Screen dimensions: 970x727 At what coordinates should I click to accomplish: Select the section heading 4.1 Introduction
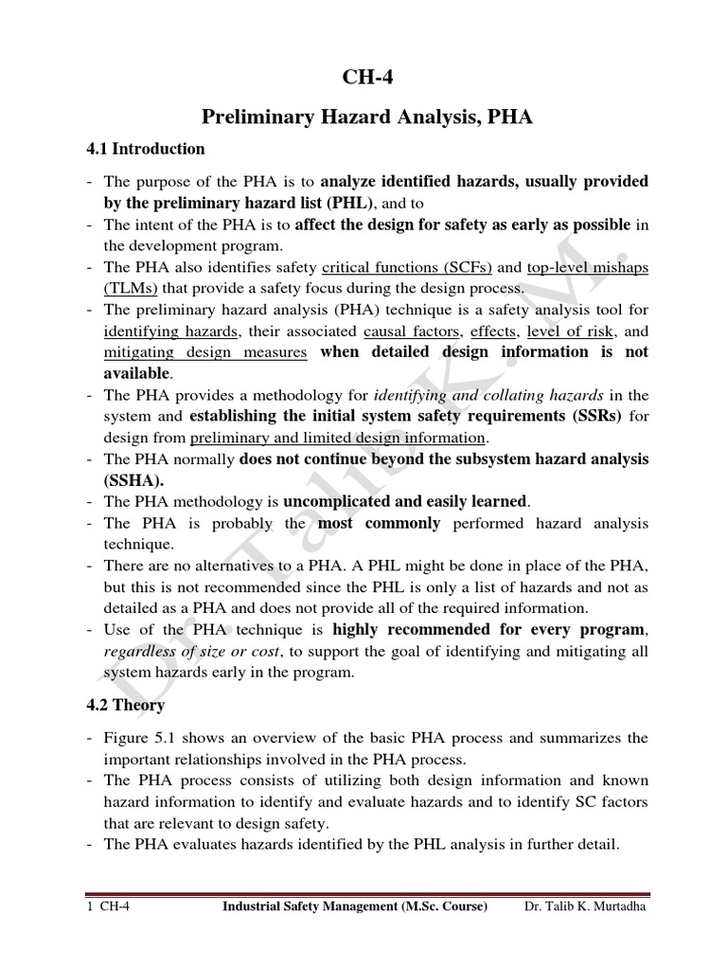click(144, 149)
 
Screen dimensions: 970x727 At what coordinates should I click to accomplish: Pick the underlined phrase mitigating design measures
click(205, 352)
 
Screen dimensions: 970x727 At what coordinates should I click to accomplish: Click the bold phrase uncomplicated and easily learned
click(406, 501)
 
